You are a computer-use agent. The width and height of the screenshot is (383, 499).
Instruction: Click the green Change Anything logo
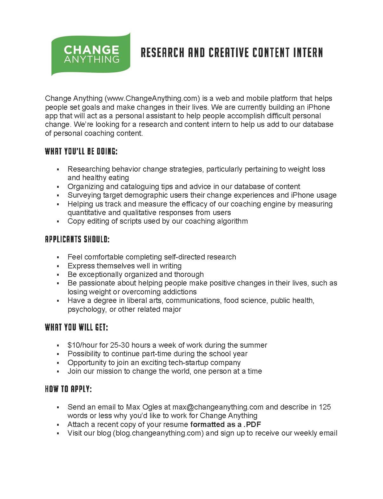point(91,54)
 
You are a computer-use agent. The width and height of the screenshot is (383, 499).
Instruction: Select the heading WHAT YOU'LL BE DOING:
point(81,151)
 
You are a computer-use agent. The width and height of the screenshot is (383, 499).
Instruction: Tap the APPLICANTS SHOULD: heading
point(77,239)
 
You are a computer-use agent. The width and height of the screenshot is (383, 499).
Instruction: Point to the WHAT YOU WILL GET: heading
point(76,327)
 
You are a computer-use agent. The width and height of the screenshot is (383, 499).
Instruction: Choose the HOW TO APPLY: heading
point(68,389)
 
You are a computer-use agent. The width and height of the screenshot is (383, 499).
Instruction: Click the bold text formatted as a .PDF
point(226,424)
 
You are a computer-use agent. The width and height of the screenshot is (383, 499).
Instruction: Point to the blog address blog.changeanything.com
point(158,433)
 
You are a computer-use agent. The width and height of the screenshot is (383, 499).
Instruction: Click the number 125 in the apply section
point(325,407)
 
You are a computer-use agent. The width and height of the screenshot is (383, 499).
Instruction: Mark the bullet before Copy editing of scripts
point(58,221)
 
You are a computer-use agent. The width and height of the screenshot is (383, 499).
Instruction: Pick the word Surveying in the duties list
point(83,195)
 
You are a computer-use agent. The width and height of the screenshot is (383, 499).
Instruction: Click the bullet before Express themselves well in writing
point(58,266)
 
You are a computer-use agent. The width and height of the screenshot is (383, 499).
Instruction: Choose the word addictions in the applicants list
point(180,292)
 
